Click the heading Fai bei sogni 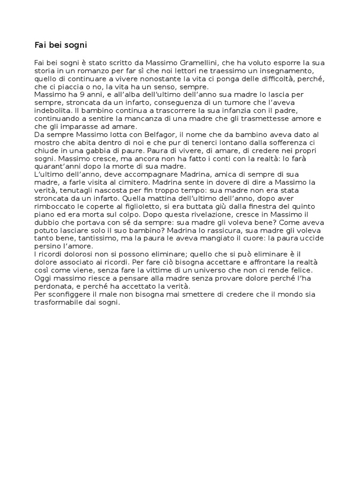tap(61, 45)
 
